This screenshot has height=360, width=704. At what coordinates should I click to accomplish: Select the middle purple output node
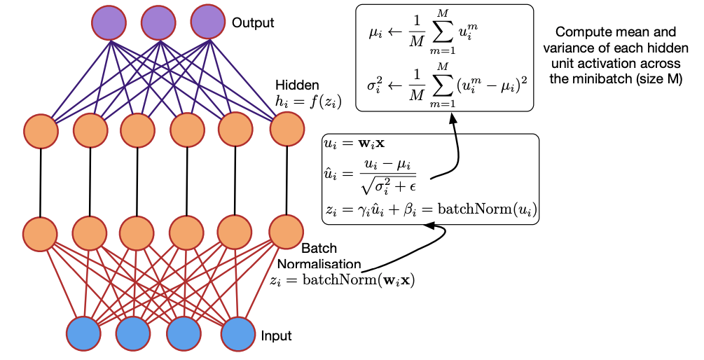pyautogui.click(x=157, y=23)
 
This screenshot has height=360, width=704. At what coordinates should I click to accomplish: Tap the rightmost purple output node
pyautogui.click(x=206, y=23)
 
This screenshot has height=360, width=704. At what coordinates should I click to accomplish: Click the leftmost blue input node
pyautogui.click(x=85, y=333)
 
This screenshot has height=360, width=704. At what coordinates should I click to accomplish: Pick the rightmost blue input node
pyautogui.click(x=237, y=333)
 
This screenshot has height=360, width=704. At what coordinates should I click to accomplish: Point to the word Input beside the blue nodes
pyautogui.click(x=276, y=336)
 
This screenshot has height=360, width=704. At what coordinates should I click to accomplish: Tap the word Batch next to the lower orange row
pyautogui.click(x=319, y=249)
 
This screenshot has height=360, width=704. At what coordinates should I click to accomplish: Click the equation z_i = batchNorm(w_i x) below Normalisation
pyautogui.click(x=342, y=280)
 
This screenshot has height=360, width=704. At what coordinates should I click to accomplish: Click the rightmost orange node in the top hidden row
pyautogui.click(x=287, y=130)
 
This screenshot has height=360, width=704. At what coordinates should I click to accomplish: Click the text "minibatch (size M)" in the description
pyautogui.click(x=616, y=79)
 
